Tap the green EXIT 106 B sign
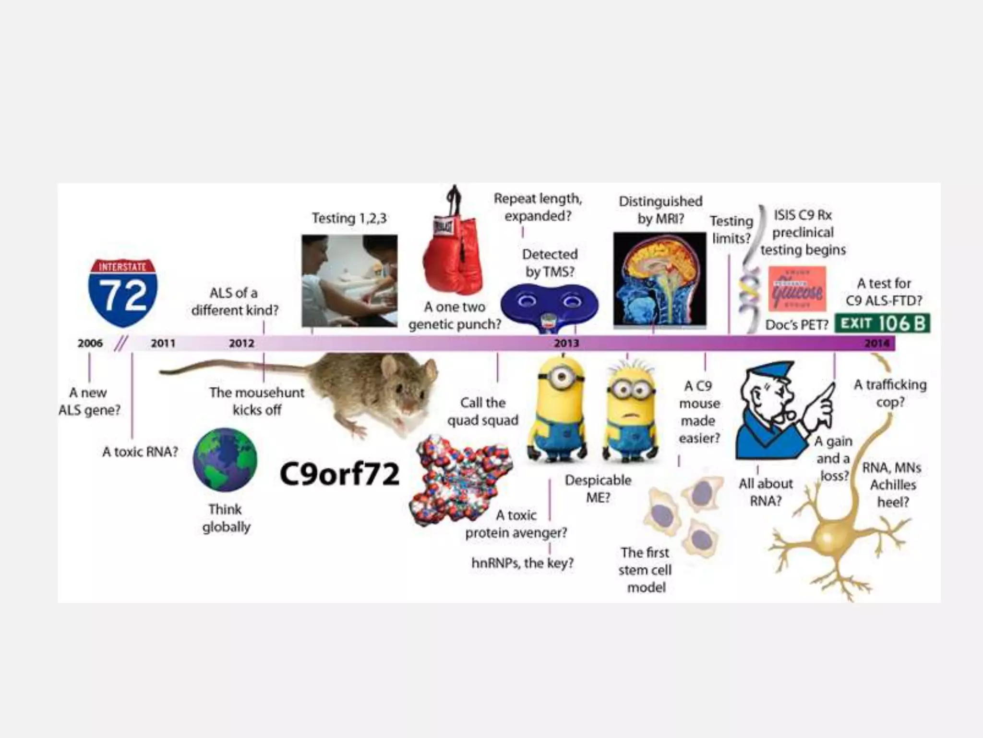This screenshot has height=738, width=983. point(882,323)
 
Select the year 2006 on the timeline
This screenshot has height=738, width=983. point(90,343)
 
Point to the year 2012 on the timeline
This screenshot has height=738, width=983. point(241,343)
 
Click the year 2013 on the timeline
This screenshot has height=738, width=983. point(566,343)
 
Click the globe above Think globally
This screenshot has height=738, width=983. point(225,460)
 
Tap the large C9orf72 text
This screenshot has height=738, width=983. point(339,474)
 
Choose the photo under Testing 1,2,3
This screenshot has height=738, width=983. point(349,281)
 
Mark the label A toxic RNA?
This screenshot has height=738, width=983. point(140,452)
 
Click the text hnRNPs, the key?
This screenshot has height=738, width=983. point(522,563)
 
